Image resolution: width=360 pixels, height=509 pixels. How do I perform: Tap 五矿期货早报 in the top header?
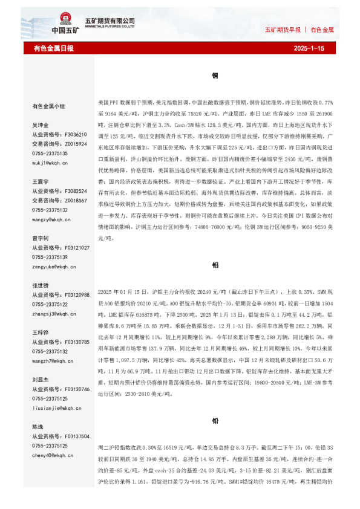[x=283, y=29]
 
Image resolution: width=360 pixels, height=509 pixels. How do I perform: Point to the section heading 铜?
[x=215, y=77]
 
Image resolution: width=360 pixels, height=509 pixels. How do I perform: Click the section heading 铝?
[x=215, y=265]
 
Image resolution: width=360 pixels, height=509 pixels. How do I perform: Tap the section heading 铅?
[x=215, y=420]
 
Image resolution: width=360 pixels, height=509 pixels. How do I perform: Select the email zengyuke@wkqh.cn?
[x=53, y=267]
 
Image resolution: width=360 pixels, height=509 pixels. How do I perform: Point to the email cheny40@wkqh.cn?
[x=51, y=455]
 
